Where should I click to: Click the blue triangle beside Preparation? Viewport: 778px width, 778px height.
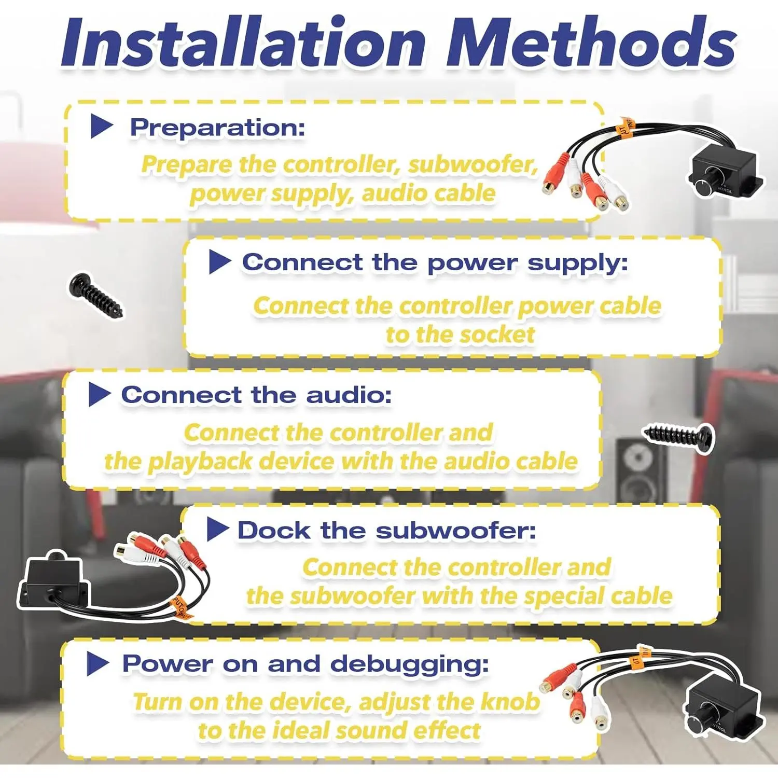[x=102, y=127]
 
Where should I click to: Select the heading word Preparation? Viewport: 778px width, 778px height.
[x=217, y=128]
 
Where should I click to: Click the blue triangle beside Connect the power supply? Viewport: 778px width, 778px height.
[x=219, y=262]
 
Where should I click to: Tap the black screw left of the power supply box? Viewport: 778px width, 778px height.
[x=96, y=296]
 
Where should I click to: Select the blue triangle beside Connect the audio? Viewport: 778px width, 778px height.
[x=100, y=395]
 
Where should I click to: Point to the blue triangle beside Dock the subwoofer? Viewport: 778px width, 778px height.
[x=218, y=530]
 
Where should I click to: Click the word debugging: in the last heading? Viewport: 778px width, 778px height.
[x=409, y=665]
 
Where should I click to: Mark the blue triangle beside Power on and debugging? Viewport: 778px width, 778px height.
[x=98, y=663]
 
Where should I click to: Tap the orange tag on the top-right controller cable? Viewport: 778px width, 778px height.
[x=625, y=127]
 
